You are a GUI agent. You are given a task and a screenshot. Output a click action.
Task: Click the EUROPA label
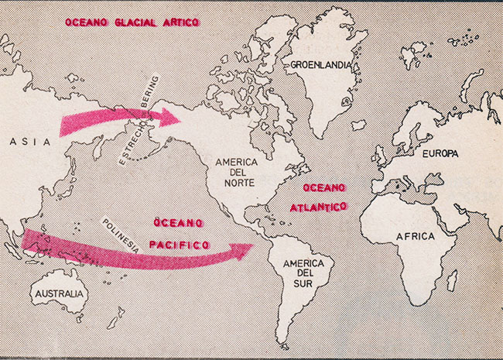pyautogui.click(x=440, y=153)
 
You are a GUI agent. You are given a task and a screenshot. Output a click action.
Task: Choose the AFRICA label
pyautogui.click(x=415, y=235)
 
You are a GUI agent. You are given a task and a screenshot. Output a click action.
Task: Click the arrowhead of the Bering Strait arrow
pyautogui.click(x=173, y=116)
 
